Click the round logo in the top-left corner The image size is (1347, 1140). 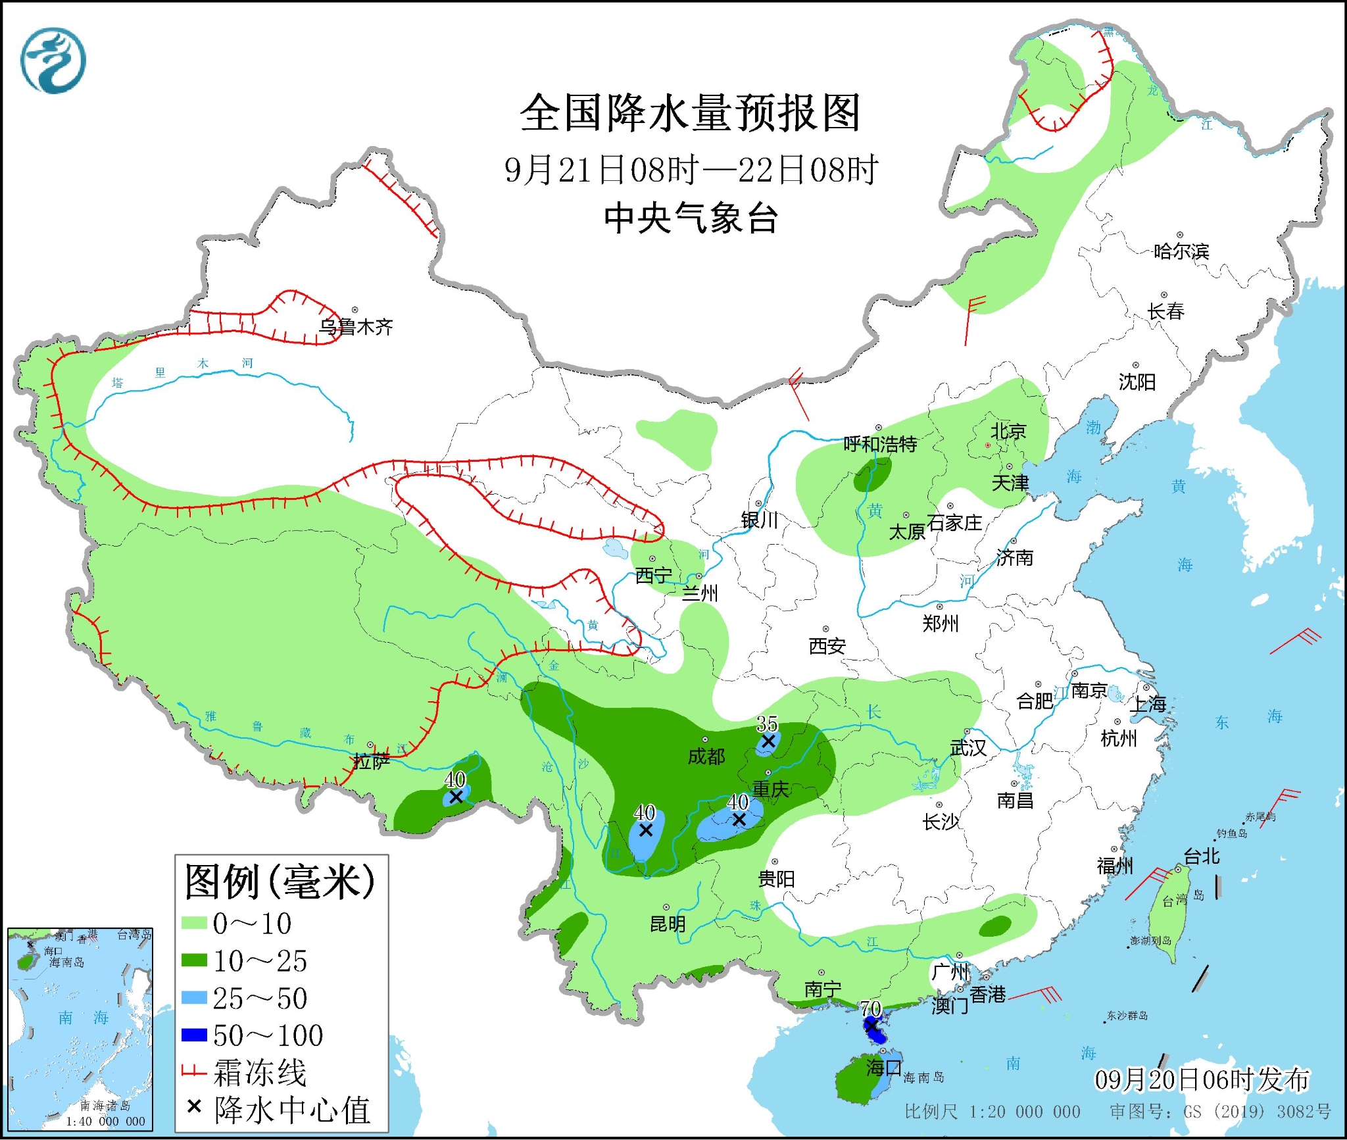53,61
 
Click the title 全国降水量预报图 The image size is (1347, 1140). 690,113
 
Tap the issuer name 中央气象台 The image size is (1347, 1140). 691,218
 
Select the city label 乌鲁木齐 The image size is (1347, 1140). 356,326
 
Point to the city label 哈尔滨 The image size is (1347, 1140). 1181,251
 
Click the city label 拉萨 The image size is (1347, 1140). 372,762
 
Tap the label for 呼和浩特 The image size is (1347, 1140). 880,444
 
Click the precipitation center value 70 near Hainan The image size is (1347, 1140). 871,1008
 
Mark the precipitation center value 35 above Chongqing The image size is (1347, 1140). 767,724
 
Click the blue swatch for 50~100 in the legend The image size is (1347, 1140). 195,1035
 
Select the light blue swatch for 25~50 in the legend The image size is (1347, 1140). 195,998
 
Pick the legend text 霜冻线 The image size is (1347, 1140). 260,1073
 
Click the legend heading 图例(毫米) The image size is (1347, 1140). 280,881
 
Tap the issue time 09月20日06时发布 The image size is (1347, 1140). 1202,1079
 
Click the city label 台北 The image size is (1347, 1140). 1201,856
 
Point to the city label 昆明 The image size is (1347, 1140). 668,924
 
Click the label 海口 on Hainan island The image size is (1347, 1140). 883,1067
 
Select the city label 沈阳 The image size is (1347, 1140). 1137,382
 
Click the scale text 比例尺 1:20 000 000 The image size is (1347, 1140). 992,1112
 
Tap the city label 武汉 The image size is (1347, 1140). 967,747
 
